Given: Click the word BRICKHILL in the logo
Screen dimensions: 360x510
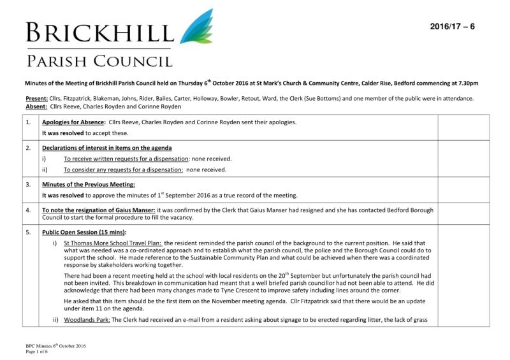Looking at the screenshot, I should (x=99, y=32).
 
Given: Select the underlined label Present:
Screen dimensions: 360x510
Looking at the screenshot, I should (x=36, y=99).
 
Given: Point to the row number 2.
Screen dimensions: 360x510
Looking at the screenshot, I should (x=29, y=148).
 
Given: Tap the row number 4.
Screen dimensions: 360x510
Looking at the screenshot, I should (x=29, y=210).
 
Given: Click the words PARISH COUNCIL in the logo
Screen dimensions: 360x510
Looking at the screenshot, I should (x=99, y=61).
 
